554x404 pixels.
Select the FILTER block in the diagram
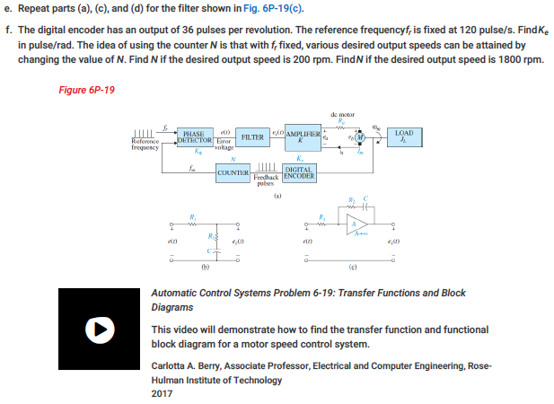pos(254,137)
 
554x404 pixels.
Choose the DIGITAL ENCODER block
pos(299,172)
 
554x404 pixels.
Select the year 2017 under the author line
pos(163,393)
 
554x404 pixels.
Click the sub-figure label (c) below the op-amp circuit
pos(362,266)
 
